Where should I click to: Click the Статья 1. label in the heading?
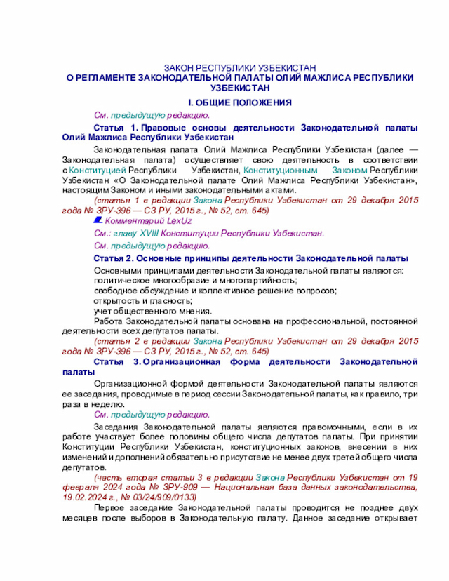point(116,126)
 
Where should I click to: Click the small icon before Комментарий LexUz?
point(98,220)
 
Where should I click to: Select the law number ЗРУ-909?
point(174,487)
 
